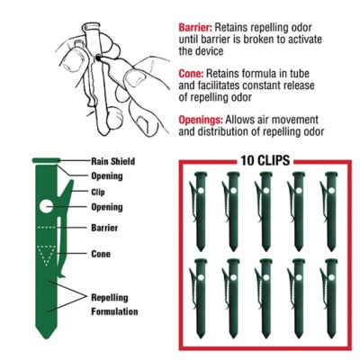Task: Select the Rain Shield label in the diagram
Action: point(112,162)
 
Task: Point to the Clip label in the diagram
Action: point(100,192)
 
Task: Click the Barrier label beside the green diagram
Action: point(106,229)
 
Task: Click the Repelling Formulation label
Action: point(112,302)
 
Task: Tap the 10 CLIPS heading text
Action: point(262,161)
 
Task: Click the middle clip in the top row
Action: point(262,210)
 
